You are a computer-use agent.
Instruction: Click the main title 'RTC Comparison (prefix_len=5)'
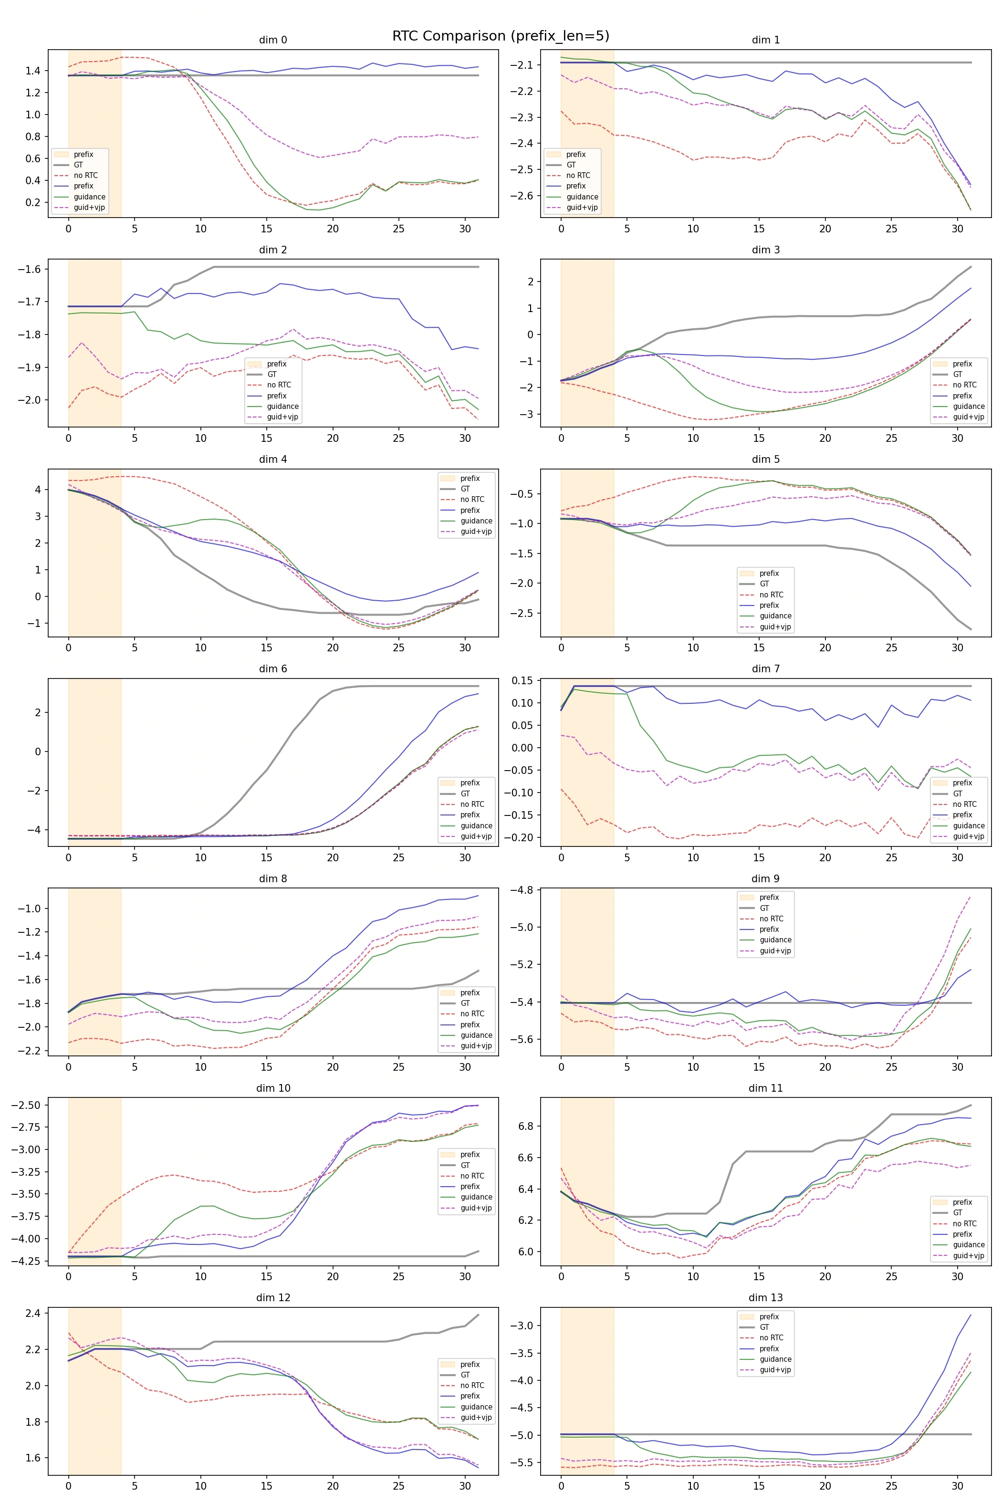coord(501,36)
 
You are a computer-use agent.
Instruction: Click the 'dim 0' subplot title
coord(273,40)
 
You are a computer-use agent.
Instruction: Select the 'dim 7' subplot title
coord(765,669)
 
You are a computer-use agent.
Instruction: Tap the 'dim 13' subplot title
coord(765,1297)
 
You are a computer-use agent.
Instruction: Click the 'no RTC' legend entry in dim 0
coord(85,175)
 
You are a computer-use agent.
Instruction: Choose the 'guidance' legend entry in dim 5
coord(775,616)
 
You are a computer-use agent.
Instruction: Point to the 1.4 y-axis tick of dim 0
coord(32,71)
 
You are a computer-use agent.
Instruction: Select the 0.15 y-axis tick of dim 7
coord(522,680)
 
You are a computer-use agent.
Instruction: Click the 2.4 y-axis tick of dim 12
coord(32,1313)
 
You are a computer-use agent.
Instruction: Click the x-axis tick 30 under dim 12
coord(465,1486)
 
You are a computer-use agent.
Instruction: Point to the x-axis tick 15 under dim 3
coord(759,438)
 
